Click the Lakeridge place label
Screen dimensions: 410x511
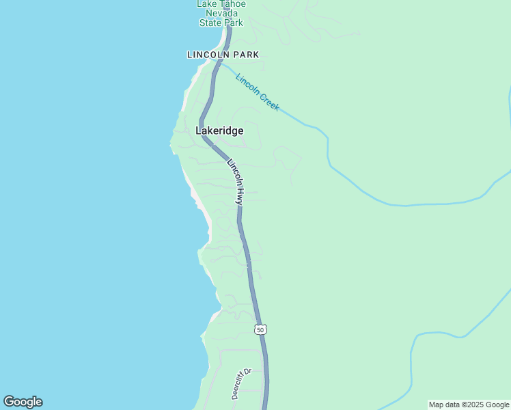click(x=219, y=131)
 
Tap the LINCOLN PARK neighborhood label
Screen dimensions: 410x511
click(x=223, y=55)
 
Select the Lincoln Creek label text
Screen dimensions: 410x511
click(x=258, y=92)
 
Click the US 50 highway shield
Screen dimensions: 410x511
click(x=260, y=329)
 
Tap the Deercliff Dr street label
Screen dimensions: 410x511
click(x=241, y=384)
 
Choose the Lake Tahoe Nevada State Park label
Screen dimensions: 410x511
click(x=221, y=13)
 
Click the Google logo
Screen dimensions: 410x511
click(x=23, y=402)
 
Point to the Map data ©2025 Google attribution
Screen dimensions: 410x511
click(x=469, y=405)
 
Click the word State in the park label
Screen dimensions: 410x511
click(x=210, y=23)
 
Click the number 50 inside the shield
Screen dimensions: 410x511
click(x=260, y=329)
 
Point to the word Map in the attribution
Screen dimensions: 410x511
click(x=437, y=405)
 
